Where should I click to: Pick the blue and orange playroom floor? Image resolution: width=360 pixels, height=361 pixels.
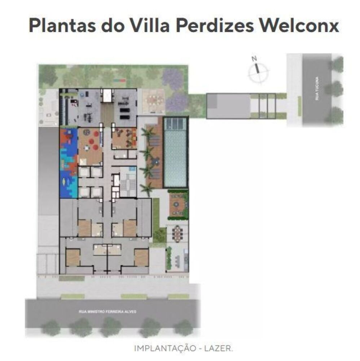click(x=69, y=162)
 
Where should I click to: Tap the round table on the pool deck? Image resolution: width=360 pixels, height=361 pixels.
click(x=157, y=163)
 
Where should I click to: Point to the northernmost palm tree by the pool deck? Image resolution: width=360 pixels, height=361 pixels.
click(x=148, y=133)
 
